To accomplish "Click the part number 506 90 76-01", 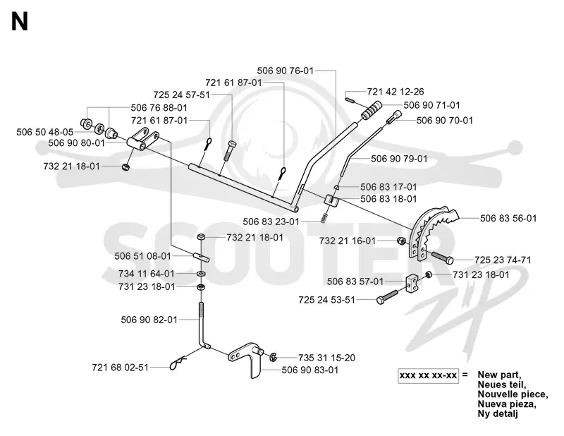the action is click(x=286, y=71).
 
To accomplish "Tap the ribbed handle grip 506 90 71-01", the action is click(x=372, y=110).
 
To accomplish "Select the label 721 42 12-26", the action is click(x=396, y=92).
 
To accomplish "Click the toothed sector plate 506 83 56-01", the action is click(x=434, y=232).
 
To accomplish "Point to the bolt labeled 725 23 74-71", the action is click(x=443, y=258).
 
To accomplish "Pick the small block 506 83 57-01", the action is click(x=412, y=284).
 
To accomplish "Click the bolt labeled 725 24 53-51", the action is click(x=387, y=296).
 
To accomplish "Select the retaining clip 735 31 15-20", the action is click(x=273, y=357).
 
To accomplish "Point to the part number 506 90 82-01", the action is click(x=149, y=320).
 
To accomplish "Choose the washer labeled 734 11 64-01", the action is click(x=200, y=274).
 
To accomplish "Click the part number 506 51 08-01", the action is click(x=143, y=256).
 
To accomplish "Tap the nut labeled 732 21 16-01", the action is click(x=400, y=241).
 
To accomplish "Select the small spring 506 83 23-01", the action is click(x=324, y=218).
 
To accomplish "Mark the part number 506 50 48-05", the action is click(x=44, y=132).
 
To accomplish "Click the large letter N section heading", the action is click(x=20, y=22).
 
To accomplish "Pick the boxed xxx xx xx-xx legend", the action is click(x=428, y=376).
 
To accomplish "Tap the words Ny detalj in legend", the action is click(x=498, y=413).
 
